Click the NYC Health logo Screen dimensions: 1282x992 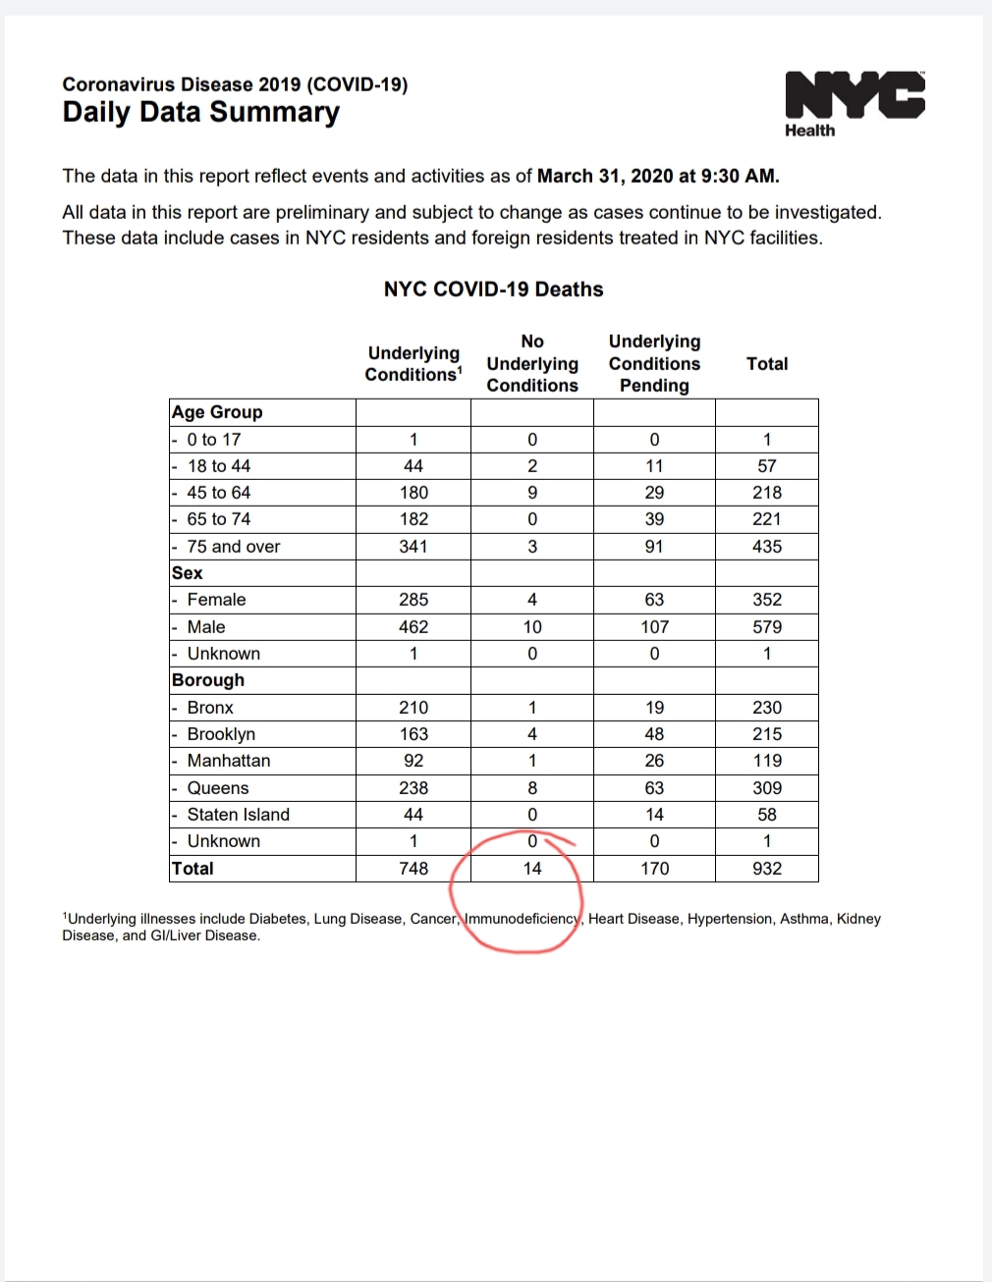click(854, 103)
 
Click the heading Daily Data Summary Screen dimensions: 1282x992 click(200, 112)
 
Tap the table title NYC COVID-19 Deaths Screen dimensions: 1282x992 click(493, 290)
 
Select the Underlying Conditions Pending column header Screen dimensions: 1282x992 click(654, 363)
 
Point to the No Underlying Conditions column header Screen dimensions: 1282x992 click(532, 363)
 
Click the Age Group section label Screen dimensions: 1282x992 click(217, 412)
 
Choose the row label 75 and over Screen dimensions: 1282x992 click(233, 547)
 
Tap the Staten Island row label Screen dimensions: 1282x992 click(238, 815)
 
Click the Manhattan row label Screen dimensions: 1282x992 click(228, 761)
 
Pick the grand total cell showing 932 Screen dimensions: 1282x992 click(767, 869)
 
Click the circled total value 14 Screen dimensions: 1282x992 click(532, 869)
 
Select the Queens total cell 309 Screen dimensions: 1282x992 click(767, 788)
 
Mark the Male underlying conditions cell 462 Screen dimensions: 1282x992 click(413, 627)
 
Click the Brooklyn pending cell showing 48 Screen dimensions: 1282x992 click(654, 734)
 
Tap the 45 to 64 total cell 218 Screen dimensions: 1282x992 click(767, 493)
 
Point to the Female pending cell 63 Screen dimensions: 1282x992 click(654, 600)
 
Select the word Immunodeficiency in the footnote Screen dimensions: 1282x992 click(522, 919)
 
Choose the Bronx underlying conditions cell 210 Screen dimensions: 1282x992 click(413, 708)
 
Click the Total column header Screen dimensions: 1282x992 click(767, 364)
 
